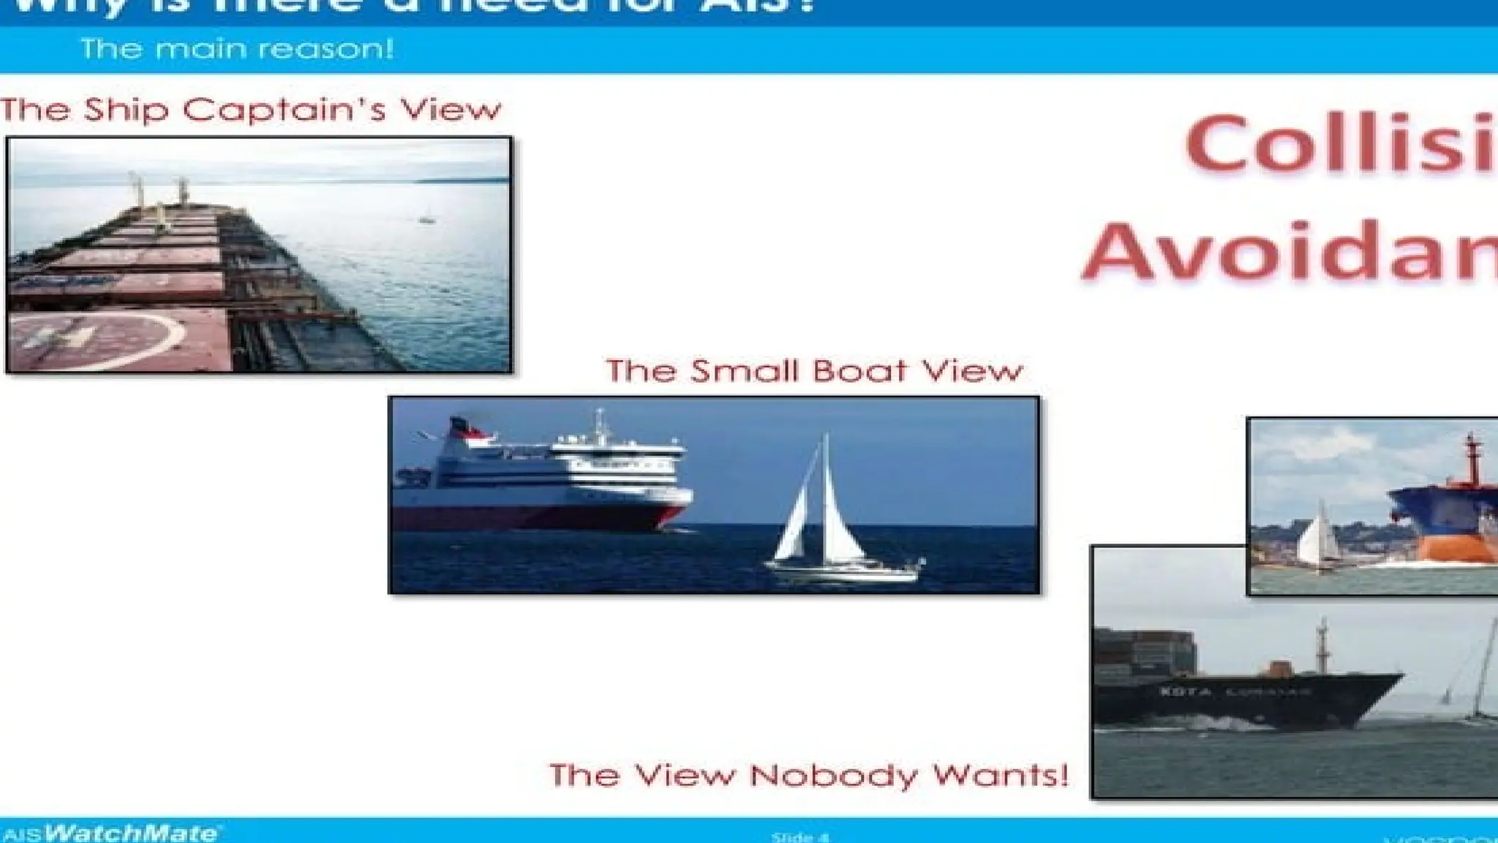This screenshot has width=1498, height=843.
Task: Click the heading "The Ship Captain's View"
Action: [251, 110]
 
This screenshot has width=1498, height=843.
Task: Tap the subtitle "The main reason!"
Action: [237, 49]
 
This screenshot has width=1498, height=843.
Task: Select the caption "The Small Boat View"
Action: [813, 371]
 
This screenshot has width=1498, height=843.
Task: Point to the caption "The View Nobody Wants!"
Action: [808, 775]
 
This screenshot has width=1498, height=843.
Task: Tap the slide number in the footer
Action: [800, 836]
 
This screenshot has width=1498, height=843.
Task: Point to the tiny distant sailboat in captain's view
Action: [426, 217]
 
